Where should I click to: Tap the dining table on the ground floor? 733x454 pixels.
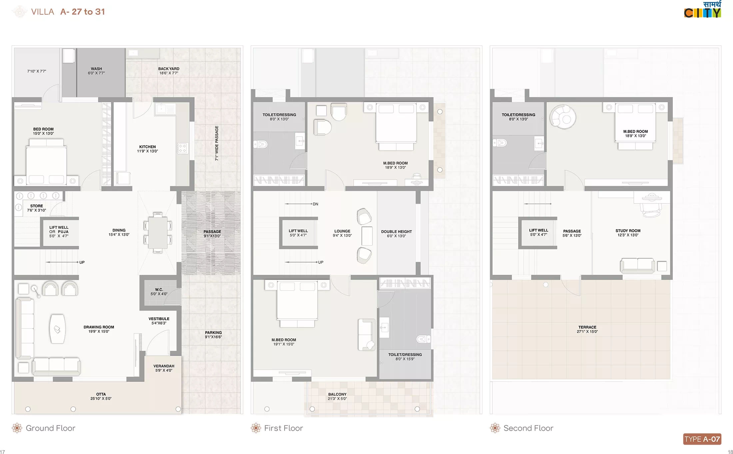[158, 232]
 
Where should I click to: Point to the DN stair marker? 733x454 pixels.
[316, 204]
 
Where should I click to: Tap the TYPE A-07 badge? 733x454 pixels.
[702, 439]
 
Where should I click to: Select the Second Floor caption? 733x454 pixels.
[528, 428]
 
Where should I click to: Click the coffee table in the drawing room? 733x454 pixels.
[57, 329]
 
